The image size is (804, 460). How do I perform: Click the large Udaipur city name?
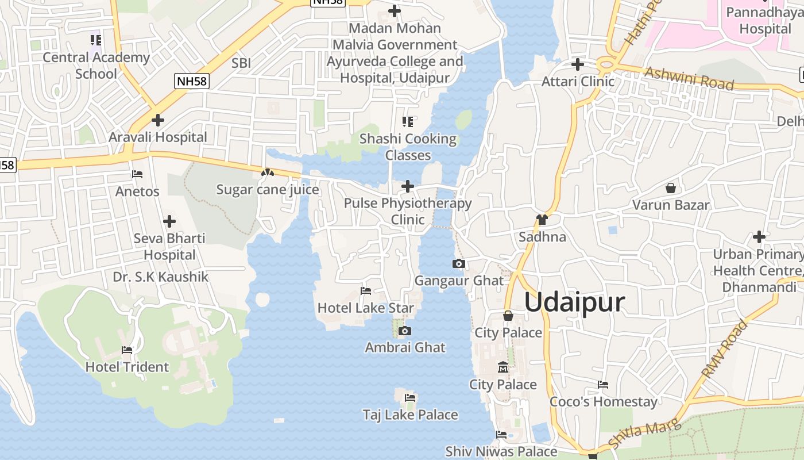[574, 302]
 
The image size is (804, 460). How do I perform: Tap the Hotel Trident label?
[127, 367]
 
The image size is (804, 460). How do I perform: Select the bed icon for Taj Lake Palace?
[410, 397]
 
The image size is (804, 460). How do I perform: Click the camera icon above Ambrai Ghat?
[405, 331]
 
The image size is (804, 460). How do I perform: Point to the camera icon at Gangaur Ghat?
[458, 264]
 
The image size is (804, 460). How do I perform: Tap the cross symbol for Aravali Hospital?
[157, 120]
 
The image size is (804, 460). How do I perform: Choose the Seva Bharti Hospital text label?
[169, 246]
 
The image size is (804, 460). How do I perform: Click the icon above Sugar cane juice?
[267, 172]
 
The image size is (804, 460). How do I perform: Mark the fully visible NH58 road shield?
[192, 81]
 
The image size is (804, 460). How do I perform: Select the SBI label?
[241, 63]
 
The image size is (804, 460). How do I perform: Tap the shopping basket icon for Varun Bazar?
[670, 188]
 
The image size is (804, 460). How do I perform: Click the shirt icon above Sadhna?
[542, 219]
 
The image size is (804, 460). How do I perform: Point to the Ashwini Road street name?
[689, 79]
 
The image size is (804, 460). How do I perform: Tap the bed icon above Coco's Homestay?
[603, 385]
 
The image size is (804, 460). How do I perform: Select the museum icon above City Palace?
[503, 367]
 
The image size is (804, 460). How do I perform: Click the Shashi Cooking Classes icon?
[408, 121]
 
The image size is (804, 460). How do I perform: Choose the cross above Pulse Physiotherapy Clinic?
[408, 186]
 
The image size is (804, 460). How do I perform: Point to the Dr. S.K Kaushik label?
[160, 277]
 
